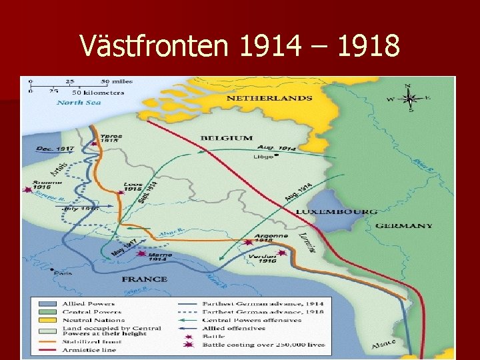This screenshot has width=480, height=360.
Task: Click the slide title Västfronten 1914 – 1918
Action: (x=240, y=46)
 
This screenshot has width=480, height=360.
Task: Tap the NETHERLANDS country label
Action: (x=269, y=98)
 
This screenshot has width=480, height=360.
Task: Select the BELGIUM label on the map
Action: (x=227, y=138)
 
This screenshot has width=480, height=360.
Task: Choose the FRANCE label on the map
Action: (x=144, y=279)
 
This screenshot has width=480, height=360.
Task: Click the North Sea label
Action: (x=79, y=102)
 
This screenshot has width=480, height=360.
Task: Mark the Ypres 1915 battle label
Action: (x=111, y=138)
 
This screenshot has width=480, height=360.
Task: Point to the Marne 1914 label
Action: (x=160, y=257)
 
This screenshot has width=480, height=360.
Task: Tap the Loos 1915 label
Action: (x=133, y=187)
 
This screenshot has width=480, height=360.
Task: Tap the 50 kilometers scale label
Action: (x=99, y=91)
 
